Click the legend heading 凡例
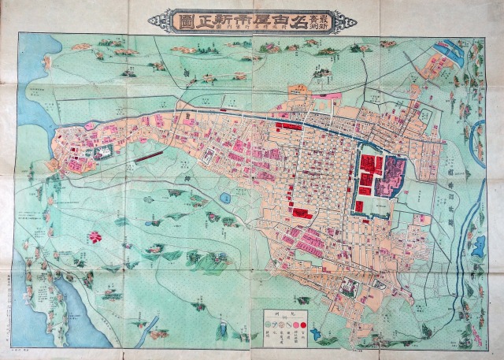click(288, 308)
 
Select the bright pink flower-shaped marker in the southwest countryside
click(95, 236)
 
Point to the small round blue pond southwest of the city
click(225, 198)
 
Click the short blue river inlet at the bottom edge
click(154, 323)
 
